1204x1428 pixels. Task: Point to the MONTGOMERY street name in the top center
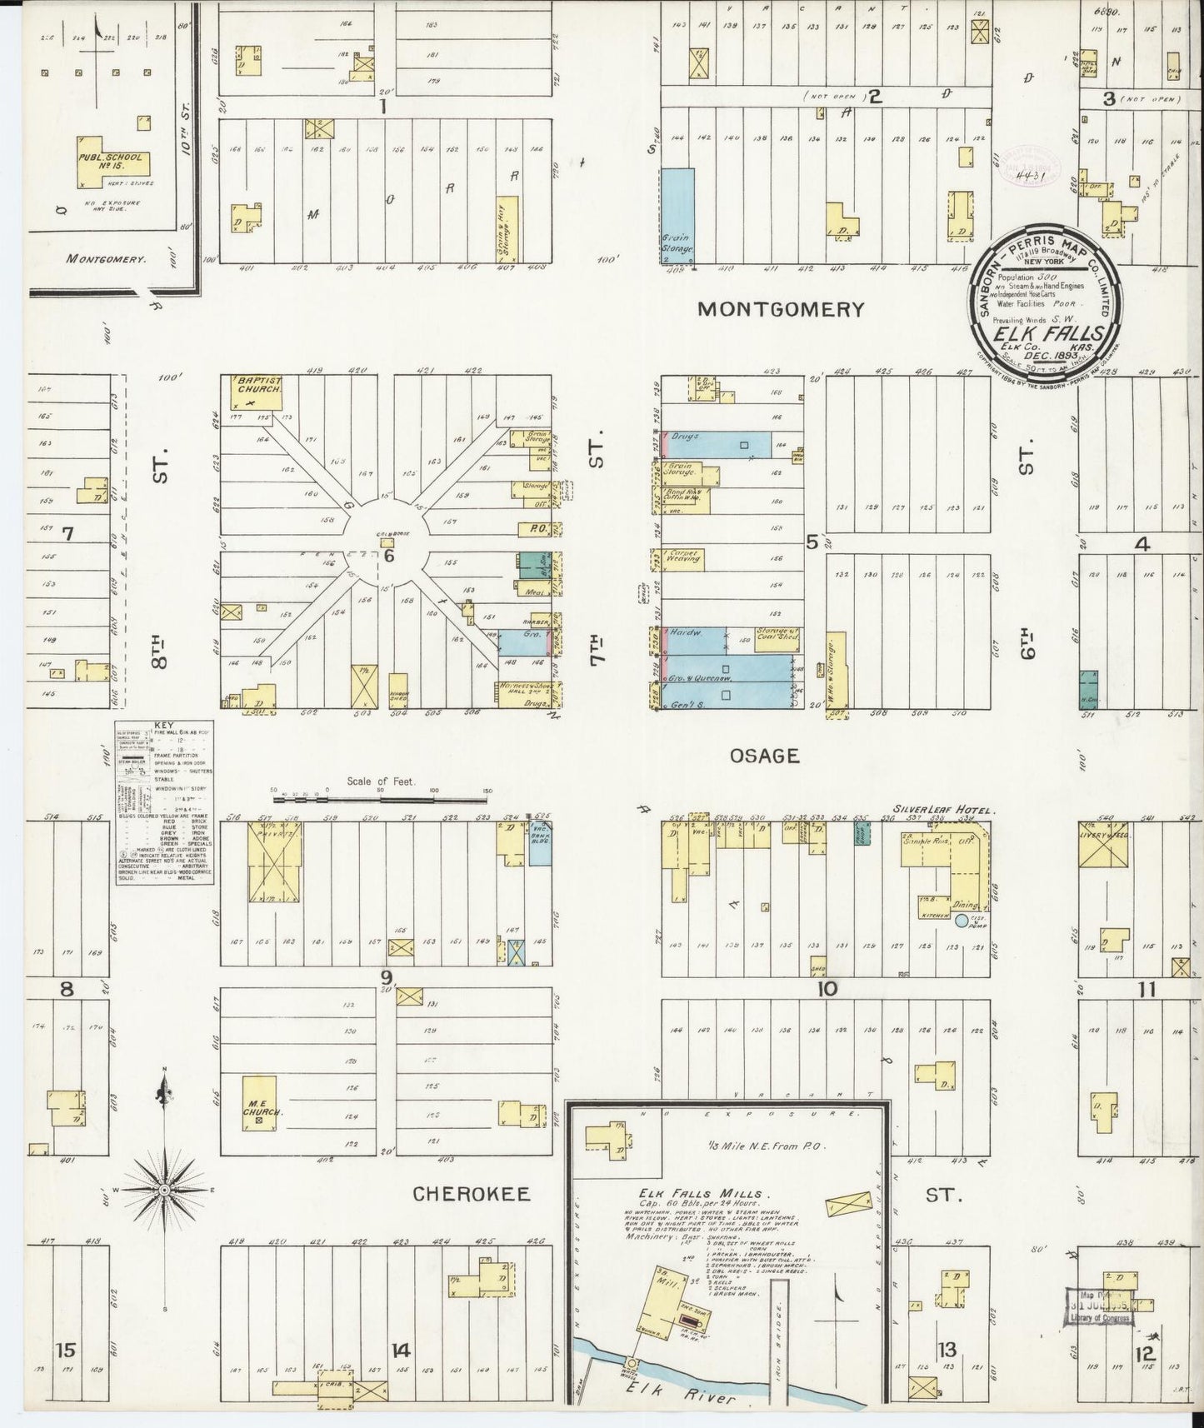pyautogui.click(x=780, y=309)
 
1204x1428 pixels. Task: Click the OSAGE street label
pyautogui.click(x=764, y=756)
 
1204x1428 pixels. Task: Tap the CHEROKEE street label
pyautogui.click(x=472, y=1194)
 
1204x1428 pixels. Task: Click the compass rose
pyautogui.click(x=165, y=1191)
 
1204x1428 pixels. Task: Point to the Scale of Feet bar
pyautogui.click(x=380, y=800)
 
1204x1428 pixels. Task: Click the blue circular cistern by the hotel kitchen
pyautogui.click(x=962, y=921)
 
